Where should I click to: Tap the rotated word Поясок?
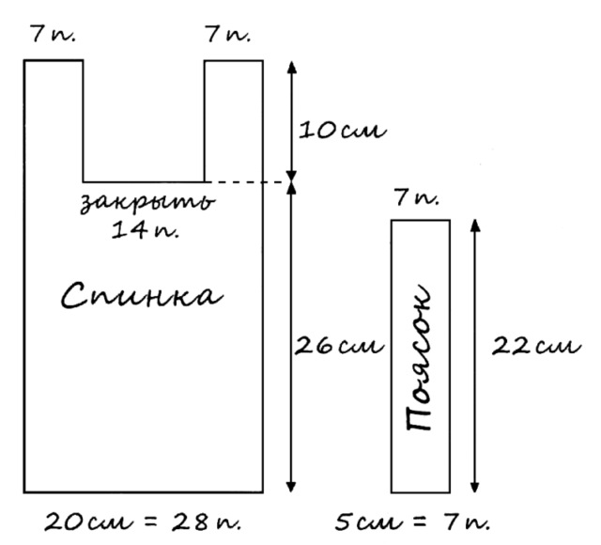pyautogui.click(x=420, y=357)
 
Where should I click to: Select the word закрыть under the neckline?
pyautogui.click(x=147, y=202)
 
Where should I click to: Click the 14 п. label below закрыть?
pyautogui.click(x=146, y=230)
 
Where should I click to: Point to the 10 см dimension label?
pyautogui.click(x=343, y=131)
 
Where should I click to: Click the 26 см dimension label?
pyautogui.click(x=339, y=346)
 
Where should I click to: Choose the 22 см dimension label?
pyautogui.click(x=536, y=346)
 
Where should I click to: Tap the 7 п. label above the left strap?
pyautogui.click(x=54, y=34)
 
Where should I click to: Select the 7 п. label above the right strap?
pyautogui.click(x=227, y=34)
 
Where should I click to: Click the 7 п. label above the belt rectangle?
pyautogui.click(x=416, y=198)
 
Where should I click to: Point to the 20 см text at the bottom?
pyautogui.click(x=89, y=522)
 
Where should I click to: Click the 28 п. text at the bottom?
pyautogui.click(x=207, y=522)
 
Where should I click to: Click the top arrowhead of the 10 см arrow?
pyautogui.click(x=292, y=67)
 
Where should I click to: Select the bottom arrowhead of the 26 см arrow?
pyautogui.click(x=291, y=487)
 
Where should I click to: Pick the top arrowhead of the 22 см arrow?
pyautogui.click(x=475, y=226)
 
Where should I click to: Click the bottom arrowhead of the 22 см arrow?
pyautogui.click(x=475, y=487)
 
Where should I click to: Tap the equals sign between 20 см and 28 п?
pyautogui.click(x=152, y=522)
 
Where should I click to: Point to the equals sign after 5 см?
pyautogui.click(x=421, y=522)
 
